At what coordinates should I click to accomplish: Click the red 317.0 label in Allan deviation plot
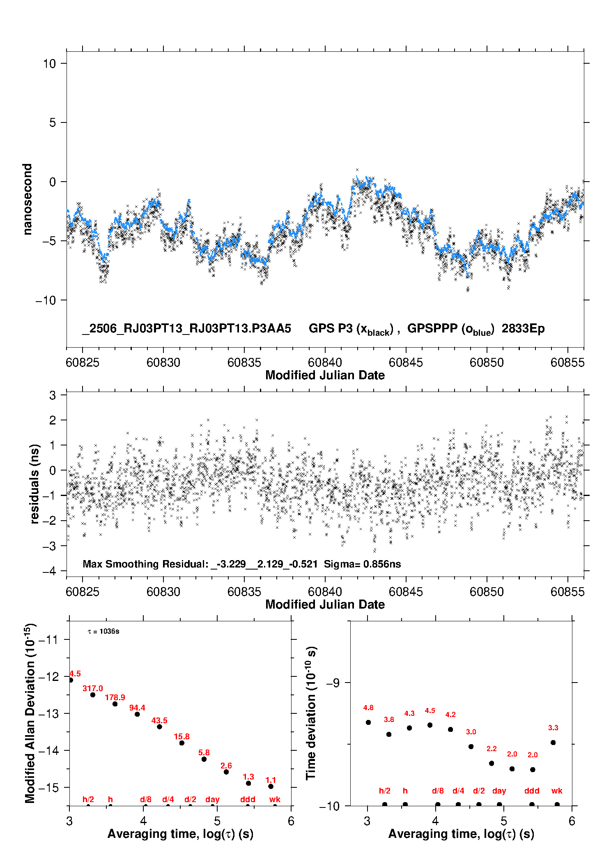(x=93, y=688)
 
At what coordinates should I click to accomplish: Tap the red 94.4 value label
(x=137, y=708)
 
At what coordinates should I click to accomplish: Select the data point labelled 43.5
(x=159, y=727)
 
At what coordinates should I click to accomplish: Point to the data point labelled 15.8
(x=181, y=743)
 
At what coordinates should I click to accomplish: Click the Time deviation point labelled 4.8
(x=368, y=722)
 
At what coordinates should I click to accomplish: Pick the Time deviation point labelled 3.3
(x=553, y=743)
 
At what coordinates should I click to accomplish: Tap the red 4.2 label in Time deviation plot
(x=450, y=715)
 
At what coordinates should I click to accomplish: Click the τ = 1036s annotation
(x=103, y=631)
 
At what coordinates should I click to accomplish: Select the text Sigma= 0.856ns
(x=363, y=564)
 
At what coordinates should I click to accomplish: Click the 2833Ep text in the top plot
(x=523, y=328)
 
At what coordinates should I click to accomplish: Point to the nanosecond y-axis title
(x=27, y=199)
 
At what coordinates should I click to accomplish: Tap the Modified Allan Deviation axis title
(x=30, y=713)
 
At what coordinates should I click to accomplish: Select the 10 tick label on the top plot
(x=49, y=63)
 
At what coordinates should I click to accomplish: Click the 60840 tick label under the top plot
(x=325, y=362)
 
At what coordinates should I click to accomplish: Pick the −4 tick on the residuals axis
(x=49, y=571)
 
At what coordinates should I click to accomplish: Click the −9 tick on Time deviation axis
(x=333, y=683)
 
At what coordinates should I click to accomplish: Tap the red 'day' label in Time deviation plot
(x=499, y=791)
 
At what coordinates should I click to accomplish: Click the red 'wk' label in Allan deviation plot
(x=275, y=799)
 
